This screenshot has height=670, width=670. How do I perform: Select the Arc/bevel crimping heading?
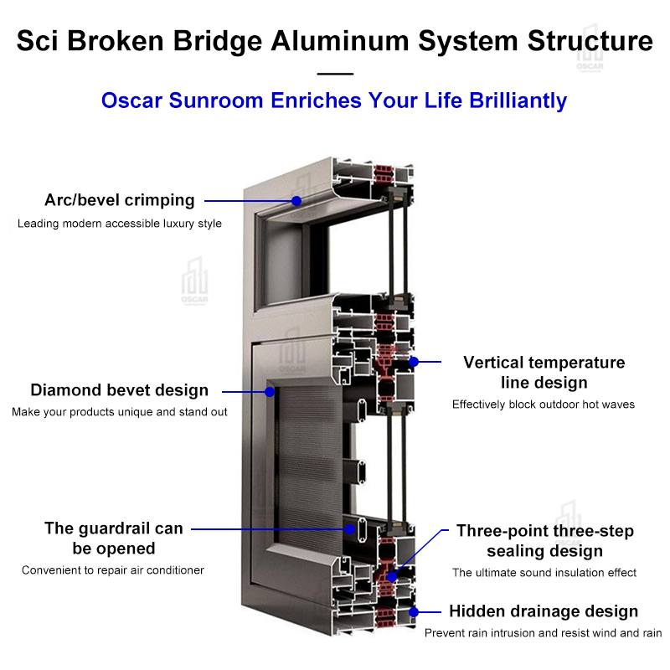[x=119, y=200]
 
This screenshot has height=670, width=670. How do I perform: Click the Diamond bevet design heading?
[x=119, y=390]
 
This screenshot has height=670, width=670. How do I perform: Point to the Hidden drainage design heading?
[x=544, y=611]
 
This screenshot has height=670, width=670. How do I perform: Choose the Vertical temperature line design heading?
[x=544, y=373]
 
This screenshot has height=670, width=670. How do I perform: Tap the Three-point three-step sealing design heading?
[x=544, y=541]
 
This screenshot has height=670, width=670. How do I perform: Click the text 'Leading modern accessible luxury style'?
[x=120, y=224]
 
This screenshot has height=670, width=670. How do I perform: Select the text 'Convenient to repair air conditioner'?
[x=113, y=570]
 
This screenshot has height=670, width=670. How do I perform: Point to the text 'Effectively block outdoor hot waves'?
[x=544, y=405]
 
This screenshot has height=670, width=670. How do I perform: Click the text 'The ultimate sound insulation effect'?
[x=544, y=573]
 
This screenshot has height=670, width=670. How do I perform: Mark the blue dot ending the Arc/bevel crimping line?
[x=296, y=201]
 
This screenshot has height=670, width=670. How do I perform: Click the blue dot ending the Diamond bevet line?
[x=270, y=391]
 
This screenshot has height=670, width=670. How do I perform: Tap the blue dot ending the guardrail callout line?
[x=352, y=528]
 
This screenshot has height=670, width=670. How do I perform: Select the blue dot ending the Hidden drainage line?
[x=412, y=612]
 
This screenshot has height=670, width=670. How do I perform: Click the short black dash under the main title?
[x=335, y=74]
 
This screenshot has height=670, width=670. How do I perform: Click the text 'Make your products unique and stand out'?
[x=120, y=412]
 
